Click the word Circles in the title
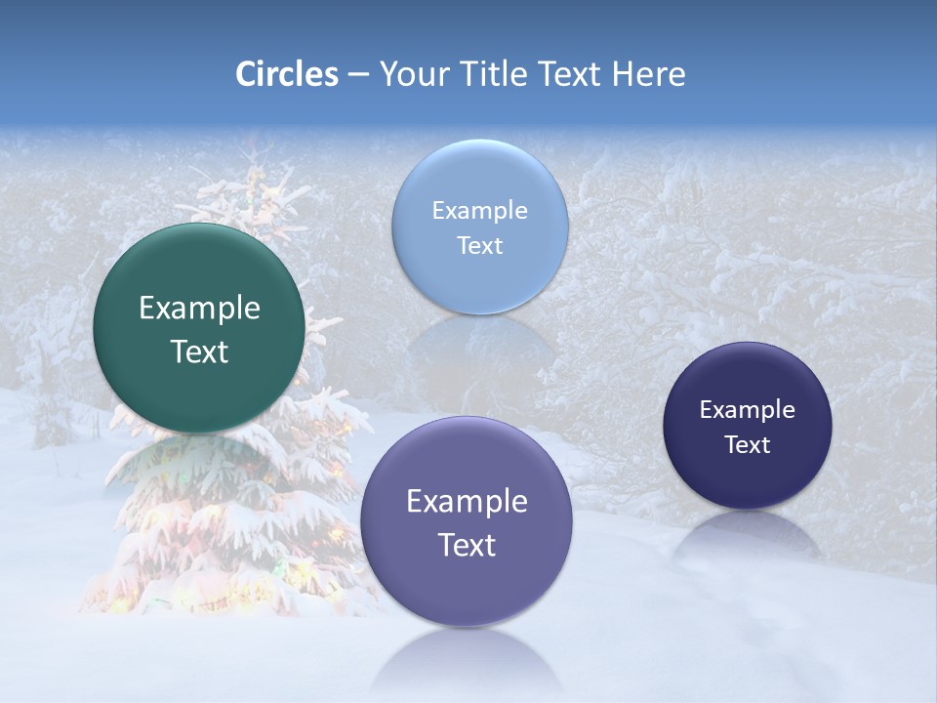click(x=287, y=74)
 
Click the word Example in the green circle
click(x=199, y=309)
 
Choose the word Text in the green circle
click(x=199, y=351)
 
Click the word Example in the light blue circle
click(x=480, y=210)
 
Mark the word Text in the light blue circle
click(x=480, y=245)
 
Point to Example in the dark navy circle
click(x=748, y=409)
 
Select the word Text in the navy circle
click(x=748, y=444)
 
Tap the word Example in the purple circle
click(x=467, y=501)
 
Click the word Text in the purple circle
click(x=467, y=545)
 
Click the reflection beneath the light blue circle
click(x=480, y=347)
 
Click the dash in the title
click(x=358, y=75)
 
